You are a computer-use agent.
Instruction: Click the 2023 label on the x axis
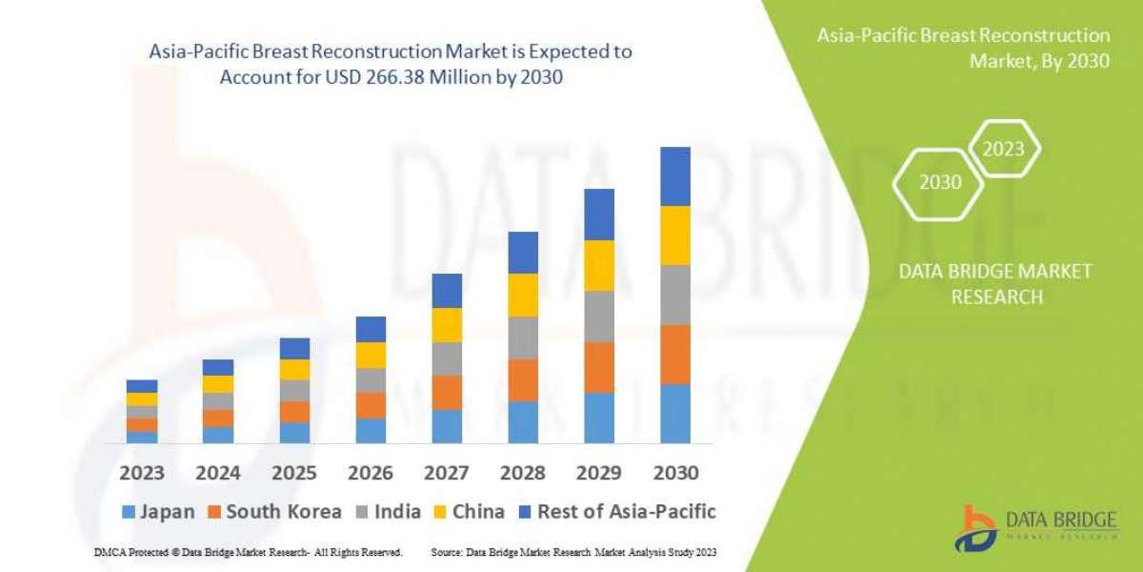click(141, 473)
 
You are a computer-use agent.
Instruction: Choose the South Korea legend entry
click(272, 511)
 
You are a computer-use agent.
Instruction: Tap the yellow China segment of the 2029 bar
click(598, 265)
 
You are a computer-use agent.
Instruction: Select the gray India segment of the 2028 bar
click(522, 337)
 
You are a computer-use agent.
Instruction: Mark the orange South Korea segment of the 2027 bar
click(446, 392)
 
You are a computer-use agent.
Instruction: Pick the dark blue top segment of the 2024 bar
click(217, 367)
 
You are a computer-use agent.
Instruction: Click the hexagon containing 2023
click(1003, 149)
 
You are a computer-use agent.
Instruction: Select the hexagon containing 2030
click(939, 182)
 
